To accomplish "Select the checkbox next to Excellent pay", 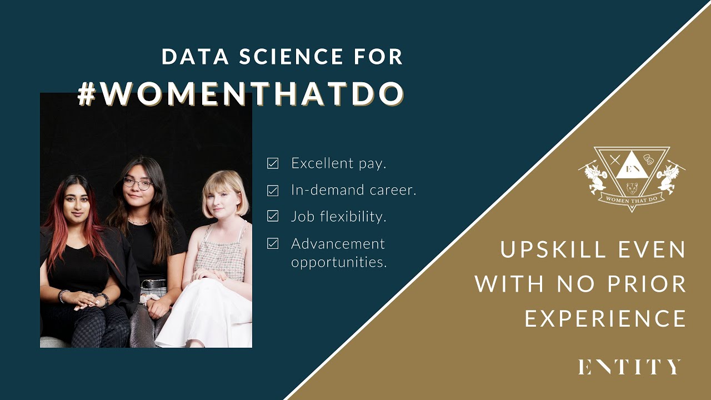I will coord(273,163).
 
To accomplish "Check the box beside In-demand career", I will coord(273,190).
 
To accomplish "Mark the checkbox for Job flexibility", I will coord(273,216).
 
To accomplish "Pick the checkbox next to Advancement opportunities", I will coord(273,243).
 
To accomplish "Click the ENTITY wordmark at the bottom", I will coord(629,367).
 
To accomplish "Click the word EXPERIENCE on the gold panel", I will coord(605,319).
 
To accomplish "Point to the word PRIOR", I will coord(649,284).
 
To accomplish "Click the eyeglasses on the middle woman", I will coord(137,183).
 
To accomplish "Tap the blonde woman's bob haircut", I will coord(226,189).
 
